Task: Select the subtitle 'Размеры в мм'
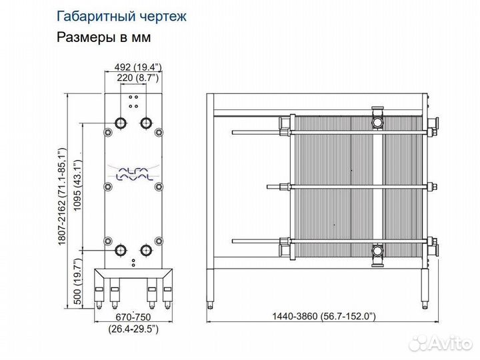coord(104,37)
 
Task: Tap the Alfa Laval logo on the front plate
coord(133,175)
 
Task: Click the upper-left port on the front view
coord(121,123)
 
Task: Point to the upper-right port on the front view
coord(146,123)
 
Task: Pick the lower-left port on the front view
coord(121,251)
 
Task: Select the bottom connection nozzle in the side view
coord(379,252)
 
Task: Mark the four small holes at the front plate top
coord(133,101)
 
